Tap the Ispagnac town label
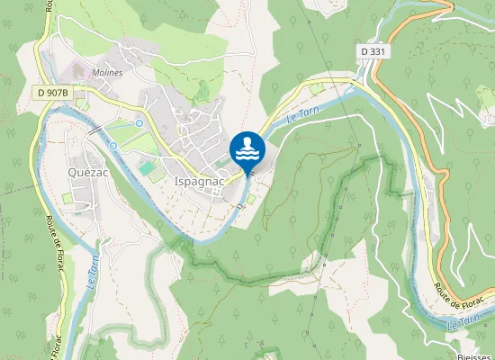[x=193, y=180]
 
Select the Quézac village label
[x=88, y=172]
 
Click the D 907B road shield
[x=55, y=92]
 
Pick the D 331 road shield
[x=373, y=52]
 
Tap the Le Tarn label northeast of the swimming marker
[x=303, y=115]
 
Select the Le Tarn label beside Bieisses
[x=464, y=321]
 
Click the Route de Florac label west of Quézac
[x=48, y=238]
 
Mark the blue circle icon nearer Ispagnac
[x=139, y=122]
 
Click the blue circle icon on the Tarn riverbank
[x=112, y=146]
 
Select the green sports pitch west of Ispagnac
[x=146, y=168]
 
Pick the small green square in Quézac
[x=67, y=198]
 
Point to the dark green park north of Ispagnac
[x=202, y=91]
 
